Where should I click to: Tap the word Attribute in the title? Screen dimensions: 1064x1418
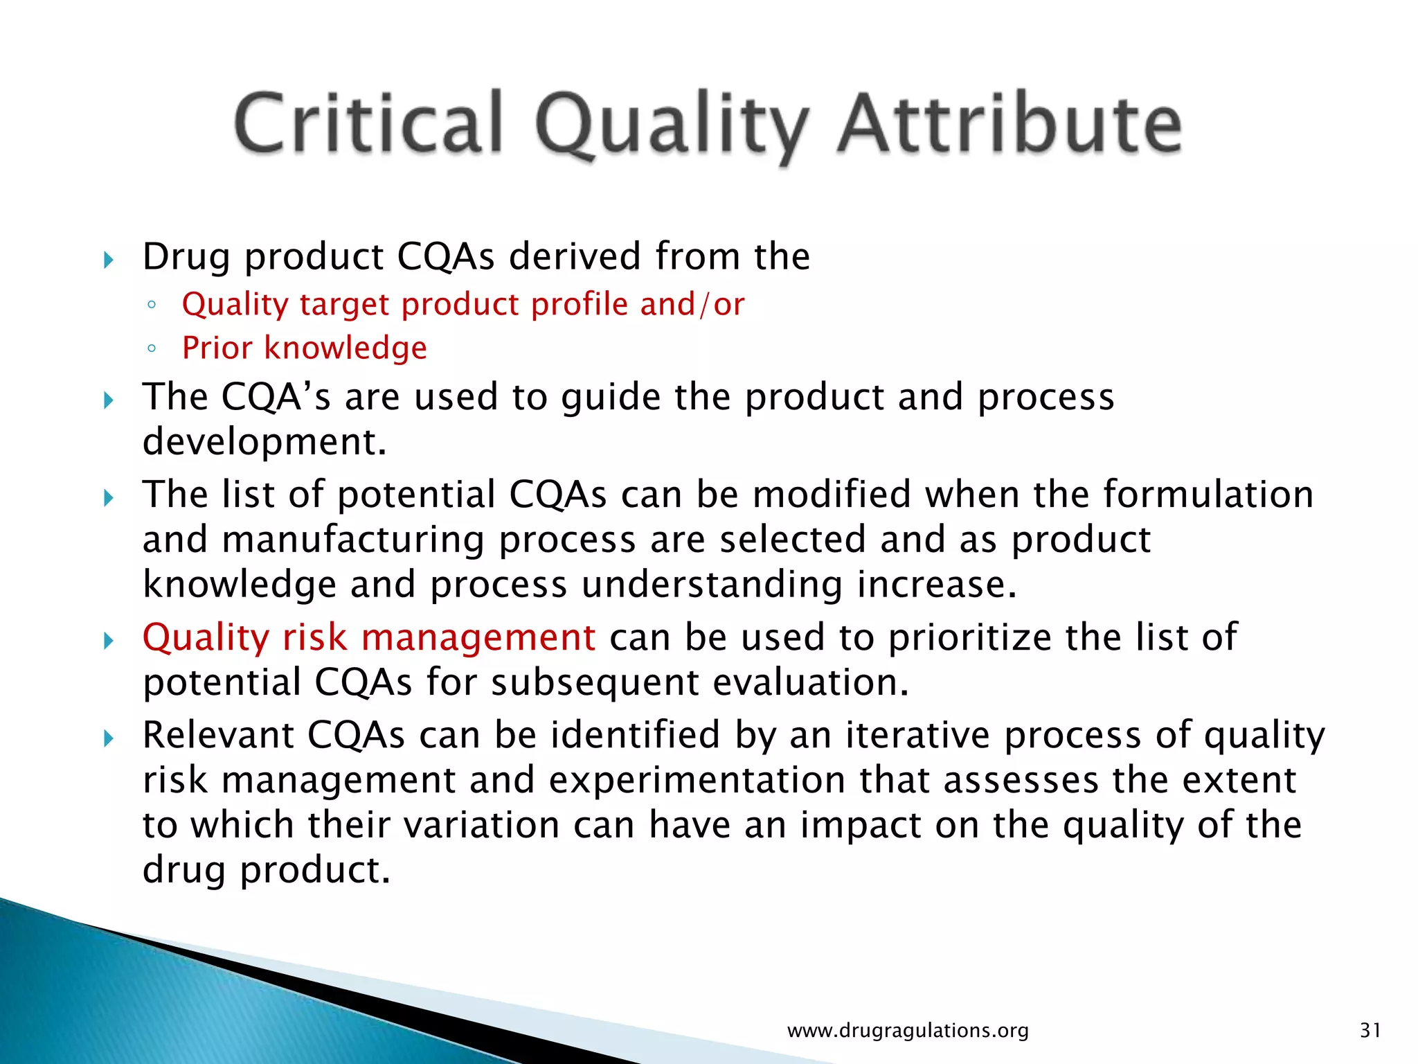click(1009, 125)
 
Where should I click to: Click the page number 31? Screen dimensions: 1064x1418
click(1370, 1030)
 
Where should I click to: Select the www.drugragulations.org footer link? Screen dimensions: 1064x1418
click(908, 1030)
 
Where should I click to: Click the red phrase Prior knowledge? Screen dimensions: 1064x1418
click(304, 348)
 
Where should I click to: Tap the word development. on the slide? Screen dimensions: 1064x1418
click(264, 442)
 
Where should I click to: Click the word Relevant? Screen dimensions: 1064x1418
click(217, 735)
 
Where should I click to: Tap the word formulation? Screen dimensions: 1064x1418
click(1208, 495)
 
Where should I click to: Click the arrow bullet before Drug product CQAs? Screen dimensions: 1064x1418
click(108, 260)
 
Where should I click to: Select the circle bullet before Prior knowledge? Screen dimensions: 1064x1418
click(152, 348)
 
